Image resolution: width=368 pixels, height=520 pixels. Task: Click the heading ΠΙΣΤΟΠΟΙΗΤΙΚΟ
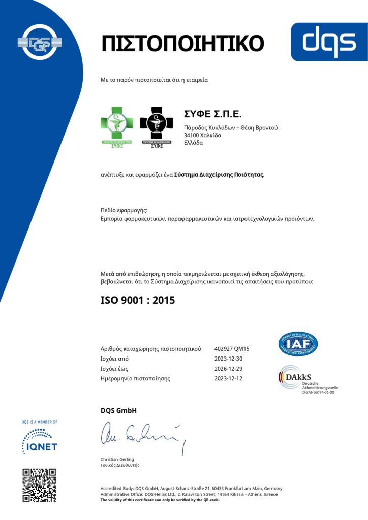(182, 43)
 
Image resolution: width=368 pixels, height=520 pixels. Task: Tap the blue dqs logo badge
(329, 42)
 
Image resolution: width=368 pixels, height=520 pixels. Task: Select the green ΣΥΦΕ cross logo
(117, 127)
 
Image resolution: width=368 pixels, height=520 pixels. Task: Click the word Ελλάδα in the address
(193, 143)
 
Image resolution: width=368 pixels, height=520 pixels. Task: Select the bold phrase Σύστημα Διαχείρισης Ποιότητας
(219, 175)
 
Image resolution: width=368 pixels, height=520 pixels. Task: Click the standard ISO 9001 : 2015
(138, 300)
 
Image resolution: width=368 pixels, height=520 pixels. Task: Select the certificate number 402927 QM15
(232, 349)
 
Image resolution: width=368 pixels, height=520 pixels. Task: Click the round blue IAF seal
(298, 344)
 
